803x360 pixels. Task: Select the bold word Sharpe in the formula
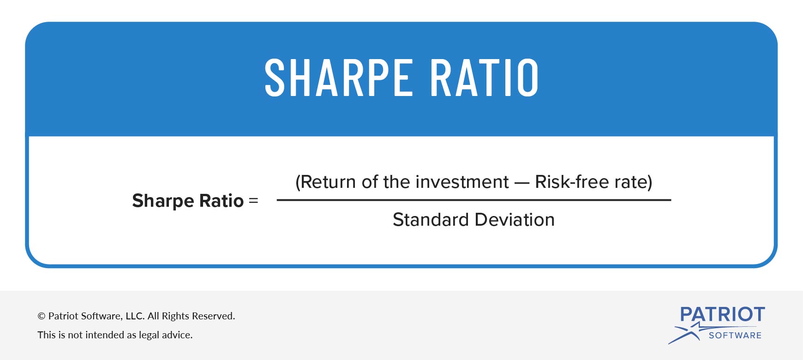click(x=163, y=201)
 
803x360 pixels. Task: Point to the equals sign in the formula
click(x=253, y=201)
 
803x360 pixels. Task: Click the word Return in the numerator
click(x=329, y=182)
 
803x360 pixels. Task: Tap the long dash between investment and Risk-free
click(x=521, y=183)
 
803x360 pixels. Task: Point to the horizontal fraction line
click(x=473, y=200)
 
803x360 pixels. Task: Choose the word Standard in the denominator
click(x=431, y=220)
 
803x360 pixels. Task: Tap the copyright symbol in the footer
click(x=42, y=316)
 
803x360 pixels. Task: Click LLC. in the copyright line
click(x=135, y=316)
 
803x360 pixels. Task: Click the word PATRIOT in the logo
click(x=722, y=315)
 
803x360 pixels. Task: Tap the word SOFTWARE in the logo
click(x=735, y=336)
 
